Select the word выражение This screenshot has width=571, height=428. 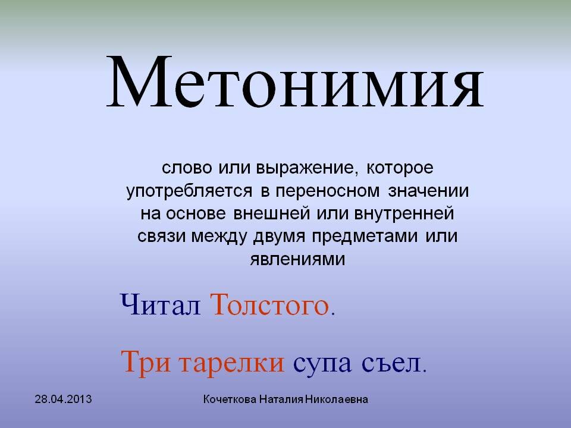(x=308, y=168)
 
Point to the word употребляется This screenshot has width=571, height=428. (x=190, y=191)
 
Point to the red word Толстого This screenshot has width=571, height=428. (x=271, y=306)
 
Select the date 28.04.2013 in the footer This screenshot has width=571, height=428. (x=63, y=399)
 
